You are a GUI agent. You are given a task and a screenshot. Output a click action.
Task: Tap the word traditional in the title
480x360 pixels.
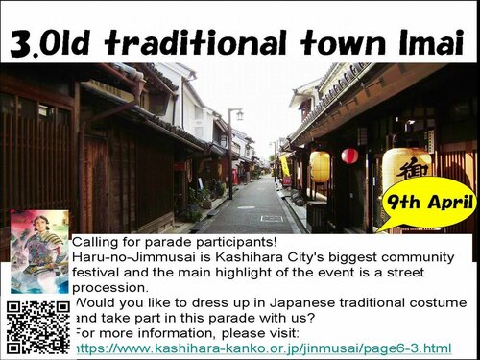[x=195, y=42]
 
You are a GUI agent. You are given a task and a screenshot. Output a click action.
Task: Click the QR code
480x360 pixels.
[x=38, y=327]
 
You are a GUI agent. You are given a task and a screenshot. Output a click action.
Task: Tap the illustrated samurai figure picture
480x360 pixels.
[x=39, y=252]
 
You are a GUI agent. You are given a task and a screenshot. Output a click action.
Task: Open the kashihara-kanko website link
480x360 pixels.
[x=264, y=348]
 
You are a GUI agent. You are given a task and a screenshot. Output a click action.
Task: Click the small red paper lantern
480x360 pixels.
[x=349, y=156]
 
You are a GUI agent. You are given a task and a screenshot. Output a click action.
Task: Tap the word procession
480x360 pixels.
[x=110, y=288]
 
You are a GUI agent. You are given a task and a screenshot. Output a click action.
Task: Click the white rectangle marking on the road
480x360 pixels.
[x=272, y=219]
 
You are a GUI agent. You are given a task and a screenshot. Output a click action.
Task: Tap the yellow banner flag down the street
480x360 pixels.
[x=284, y=166]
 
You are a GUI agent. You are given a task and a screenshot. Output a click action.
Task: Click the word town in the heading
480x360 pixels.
[x=343, y=42]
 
